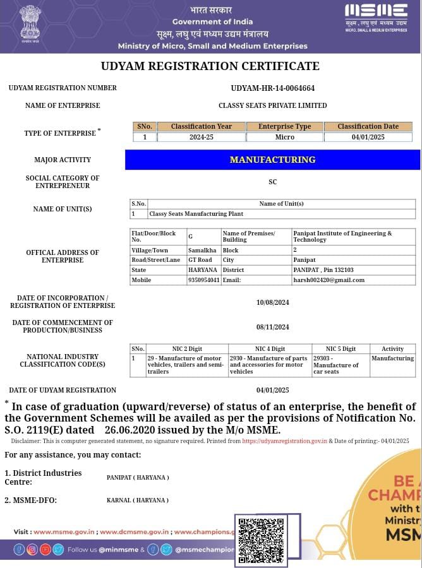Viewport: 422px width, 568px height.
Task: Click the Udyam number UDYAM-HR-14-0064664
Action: click(272, 88)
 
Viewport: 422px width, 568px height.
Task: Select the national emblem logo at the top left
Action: click(30, 23)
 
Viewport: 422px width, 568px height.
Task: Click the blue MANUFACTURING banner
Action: click(272, 160)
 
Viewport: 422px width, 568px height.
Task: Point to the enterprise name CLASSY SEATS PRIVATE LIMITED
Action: click(272, 105)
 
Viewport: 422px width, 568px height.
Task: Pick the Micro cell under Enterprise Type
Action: click(285, 137)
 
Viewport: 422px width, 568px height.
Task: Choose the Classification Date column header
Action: click(368, 126)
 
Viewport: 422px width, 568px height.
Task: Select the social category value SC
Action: click(272, 182)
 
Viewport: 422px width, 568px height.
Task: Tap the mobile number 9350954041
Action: click(203, 280)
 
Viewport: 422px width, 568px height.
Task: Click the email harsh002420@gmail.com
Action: click(329, 280)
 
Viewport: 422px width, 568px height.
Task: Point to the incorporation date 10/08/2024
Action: click(272, 302)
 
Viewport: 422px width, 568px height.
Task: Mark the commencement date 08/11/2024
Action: click(272, 327)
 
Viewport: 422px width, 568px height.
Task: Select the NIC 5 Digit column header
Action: click(341, 348)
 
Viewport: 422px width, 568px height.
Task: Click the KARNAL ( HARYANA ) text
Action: click(137, 500)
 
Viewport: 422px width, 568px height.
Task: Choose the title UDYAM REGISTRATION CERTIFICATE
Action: click(210, 66)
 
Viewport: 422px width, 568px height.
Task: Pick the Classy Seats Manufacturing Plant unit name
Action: click(187, 214)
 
